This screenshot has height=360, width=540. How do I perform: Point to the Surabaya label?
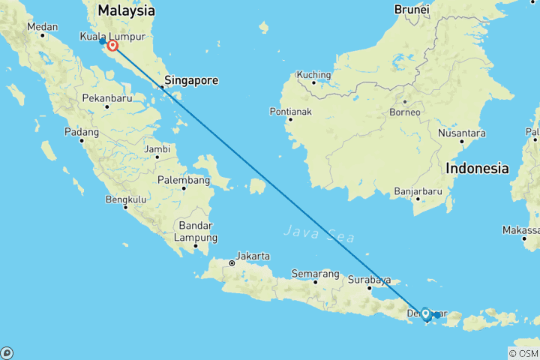(370, 280)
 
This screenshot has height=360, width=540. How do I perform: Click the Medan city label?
(42, 26)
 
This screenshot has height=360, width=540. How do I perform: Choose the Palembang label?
(184, 180)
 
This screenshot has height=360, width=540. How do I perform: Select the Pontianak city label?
(289, 112)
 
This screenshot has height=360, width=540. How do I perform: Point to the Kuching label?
(313, 74)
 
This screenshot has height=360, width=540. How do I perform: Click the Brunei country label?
(411, 10)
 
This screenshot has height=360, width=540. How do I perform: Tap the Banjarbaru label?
(418, 192)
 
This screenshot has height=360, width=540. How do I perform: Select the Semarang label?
(315, 274)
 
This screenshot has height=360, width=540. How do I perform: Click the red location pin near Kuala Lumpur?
(113, 46)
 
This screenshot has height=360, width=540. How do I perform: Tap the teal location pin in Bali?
(425, 314)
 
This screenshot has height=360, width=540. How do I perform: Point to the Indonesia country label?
(477, 169)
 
